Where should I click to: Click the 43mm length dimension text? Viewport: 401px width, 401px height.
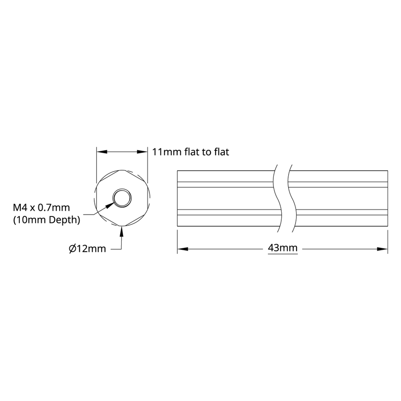pos(283,249)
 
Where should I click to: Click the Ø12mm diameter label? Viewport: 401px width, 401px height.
pos(87,249)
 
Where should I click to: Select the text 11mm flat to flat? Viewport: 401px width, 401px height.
pos(191,152)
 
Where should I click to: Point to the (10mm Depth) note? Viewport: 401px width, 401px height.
pos(46,220)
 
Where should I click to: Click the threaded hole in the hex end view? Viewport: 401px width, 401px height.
pos(122,197)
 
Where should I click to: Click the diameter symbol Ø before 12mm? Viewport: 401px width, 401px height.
pos(72,249)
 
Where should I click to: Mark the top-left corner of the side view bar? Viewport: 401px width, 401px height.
pos(178,171)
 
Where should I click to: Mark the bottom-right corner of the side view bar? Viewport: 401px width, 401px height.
pos(387,227)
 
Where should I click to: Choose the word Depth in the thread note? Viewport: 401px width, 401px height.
pos(66,220)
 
